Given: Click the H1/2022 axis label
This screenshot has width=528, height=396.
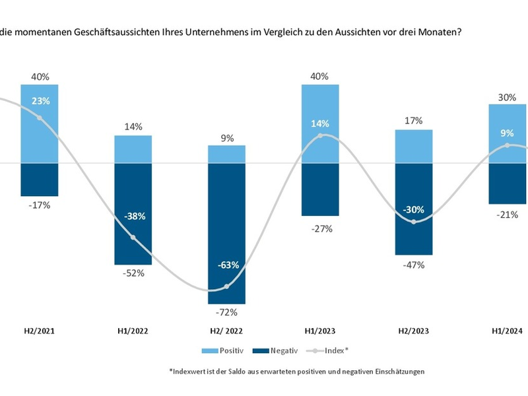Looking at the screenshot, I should pyautogui.click(x=133, y=332).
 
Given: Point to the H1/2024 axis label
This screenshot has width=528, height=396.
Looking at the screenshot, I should pyautogui.click(x=507, y=332).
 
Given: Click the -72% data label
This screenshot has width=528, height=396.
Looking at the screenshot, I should pyautogui.click(x=226, y=312).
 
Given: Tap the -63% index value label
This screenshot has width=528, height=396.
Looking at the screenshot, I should pyautogui.click(x=226, y=265).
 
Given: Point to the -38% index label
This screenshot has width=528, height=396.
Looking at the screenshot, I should pyautogui.click(x=133, y=216).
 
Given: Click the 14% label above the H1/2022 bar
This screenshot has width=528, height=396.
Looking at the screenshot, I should pyautogui.click(x=133, y=127).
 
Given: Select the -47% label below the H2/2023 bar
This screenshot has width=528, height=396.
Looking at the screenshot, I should pyautogui.click(x=414, y=265).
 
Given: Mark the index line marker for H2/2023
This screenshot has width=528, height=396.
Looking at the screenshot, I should pyautogui.click(x=414, y=222).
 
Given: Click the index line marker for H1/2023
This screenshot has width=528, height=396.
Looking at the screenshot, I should pyautogui.click(x=320, y=136).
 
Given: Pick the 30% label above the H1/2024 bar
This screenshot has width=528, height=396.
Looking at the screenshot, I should pyautogui.click(x=507, y=96).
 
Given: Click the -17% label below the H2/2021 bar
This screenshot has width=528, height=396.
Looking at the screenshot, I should pyautogui.click(x=40, y=205).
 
